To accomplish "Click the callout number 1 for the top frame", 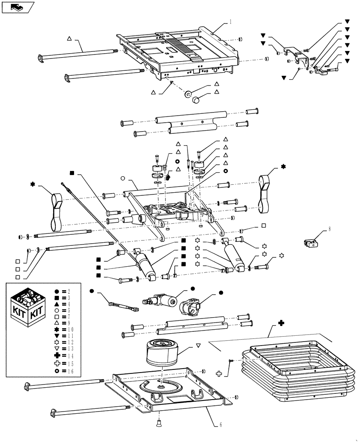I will pyautogui.click(x=230, y=21).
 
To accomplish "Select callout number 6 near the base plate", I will pyautogui.click(x=220, y=424).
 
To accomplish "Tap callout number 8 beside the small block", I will pyautogui.click(x=329, y=229).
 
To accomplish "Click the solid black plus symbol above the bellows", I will pyautogui.click(x=281, y=323).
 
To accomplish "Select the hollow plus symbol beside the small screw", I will pyautogui.click(x=219, y=374).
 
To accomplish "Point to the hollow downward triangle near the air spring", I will pyautogui.click(x=198, y=345).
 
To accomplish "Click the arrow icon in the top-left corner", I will pyautogui.click(x=17, y=7).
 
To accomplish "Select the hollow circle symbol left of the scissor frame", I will pyautogui.click(x=122, y=179).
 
